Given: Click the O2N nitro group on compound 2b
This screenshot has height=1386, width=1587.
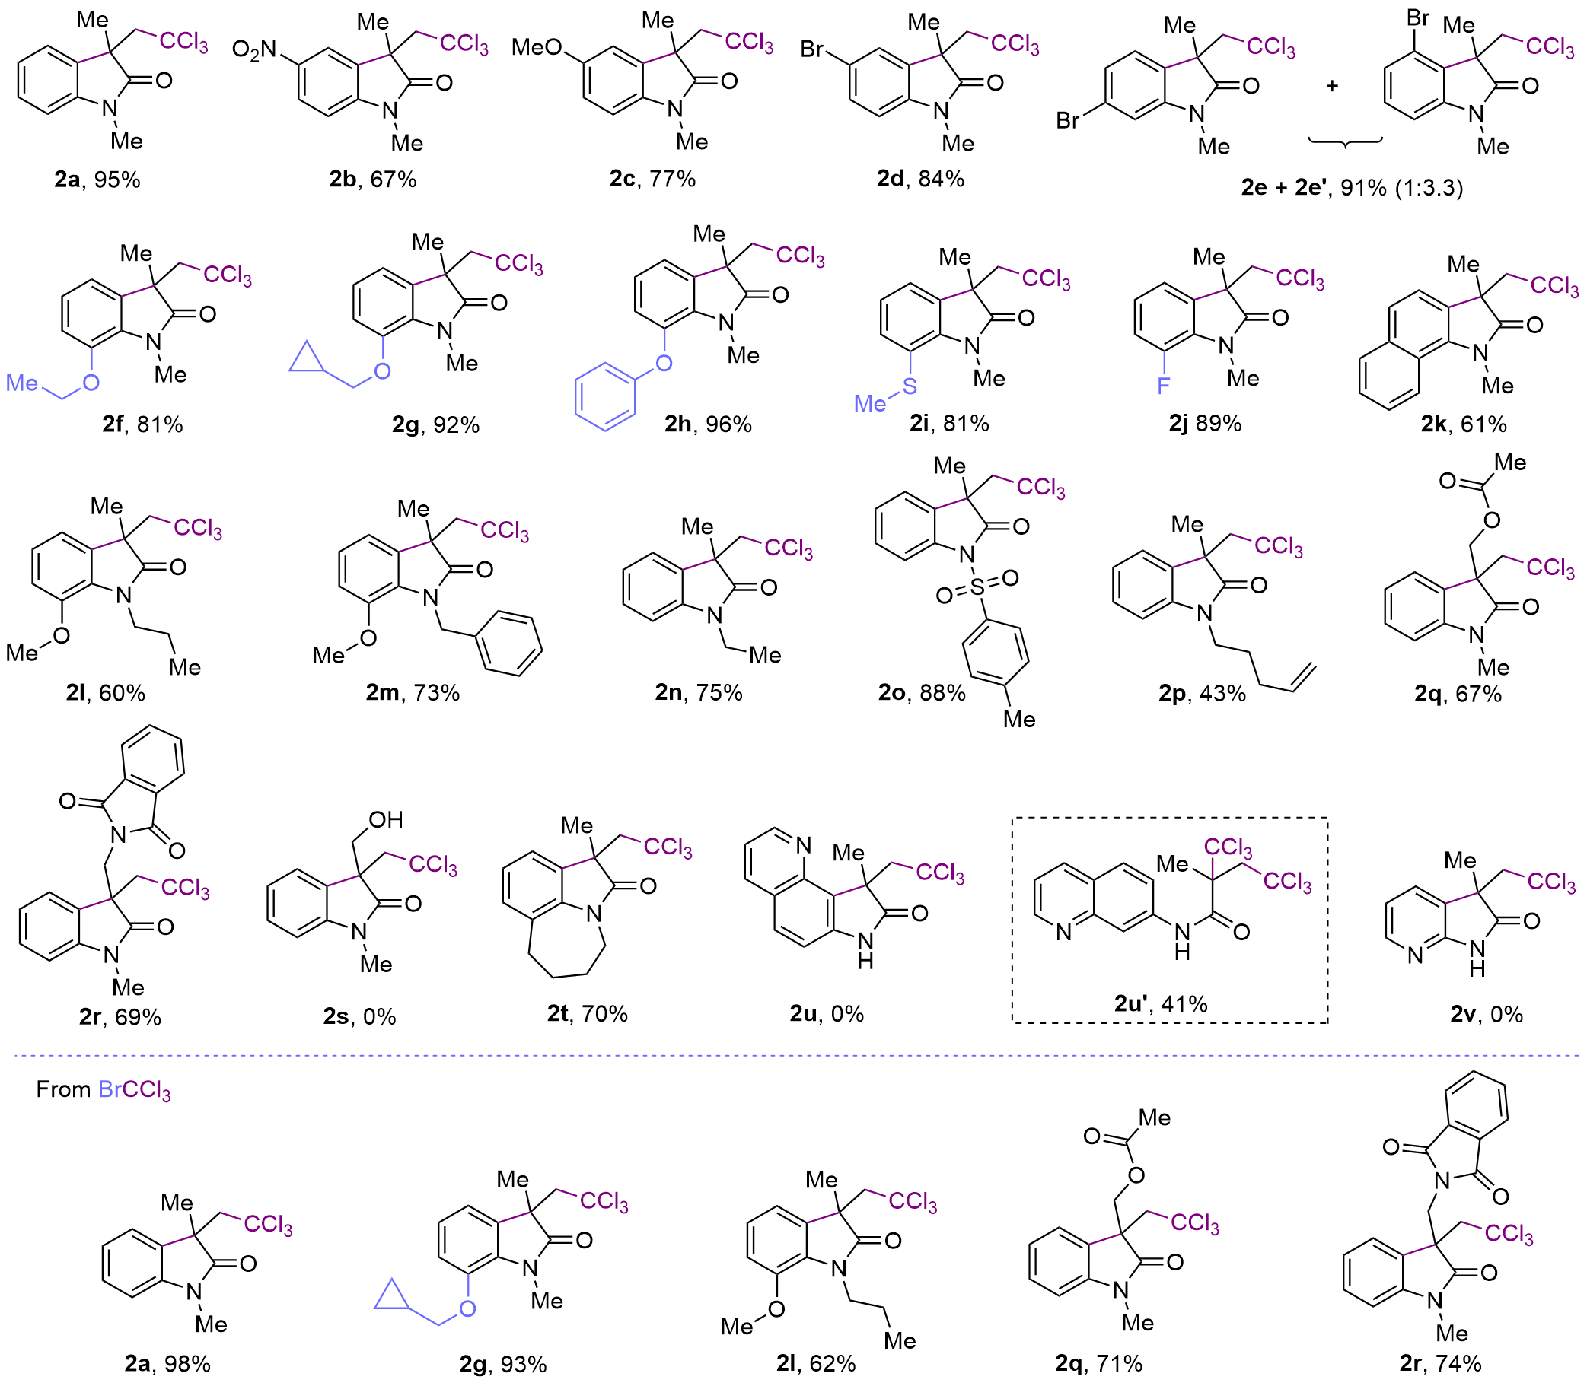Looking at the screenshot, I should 253,51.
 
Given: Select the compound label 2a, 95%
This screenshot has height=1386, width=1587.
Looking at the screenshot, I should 97,180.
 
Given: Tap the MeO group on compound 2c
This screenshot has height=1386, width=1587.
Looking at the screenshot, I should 536,48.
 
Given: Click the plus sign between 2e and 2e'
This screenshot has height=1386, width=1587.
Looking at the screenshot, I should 1332,86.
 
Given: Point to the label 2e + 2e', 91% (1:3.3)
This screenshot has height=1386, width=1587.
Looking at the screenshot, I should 1352,187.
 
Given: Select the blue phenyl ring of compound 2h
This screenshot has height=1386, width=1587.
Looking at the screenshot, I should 605,399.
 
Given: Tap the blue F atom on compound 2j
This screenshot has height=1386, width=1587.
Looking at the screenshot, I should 1163,384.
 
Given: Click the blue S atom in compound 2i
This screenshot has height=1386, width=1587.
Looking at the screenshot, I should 910,386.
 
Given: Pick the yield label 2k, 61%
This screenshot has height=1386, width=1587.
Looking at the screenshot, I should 1464,424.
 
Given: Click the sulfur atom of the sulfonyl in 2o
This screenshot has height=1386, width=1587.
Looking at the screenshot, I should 977,588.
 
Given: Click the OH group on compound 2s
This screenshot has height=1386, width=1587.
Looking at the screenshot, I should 385,820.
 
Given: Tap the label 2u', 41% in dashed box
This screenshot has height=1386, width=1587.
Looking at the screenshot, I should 1161,1004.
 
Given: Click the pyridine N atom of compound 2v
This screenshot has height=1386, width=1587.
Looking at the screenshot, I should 1415,956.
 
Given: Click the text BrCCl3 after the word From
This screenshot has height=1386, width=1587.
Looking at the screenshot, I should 135,1090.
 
